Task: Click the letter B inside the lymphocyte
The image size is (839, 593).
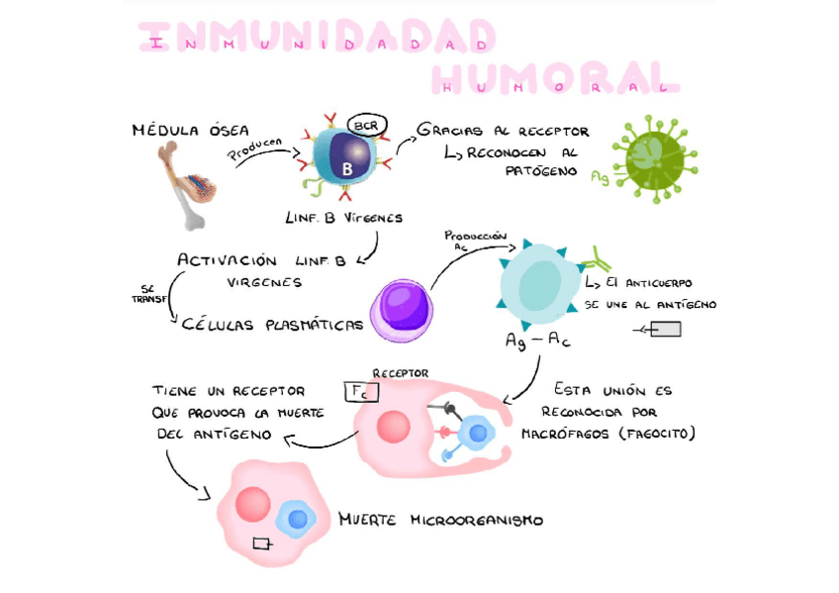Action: click(347, 168)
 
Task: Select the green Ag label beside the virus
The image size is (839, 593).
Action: click(599, 177)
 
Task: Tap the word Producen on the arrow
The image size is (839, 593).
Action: click(255, 149)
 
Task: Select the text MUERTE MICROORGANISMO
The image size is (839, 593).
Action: click(440, 519)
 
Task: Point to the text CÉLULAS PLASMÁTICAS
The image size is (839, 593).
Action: click(272, 324)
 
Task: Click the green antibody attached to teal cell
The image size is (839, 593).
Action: click(597, 261)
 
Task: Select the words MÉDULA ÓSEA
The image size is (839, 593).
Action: click(190, 130)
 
